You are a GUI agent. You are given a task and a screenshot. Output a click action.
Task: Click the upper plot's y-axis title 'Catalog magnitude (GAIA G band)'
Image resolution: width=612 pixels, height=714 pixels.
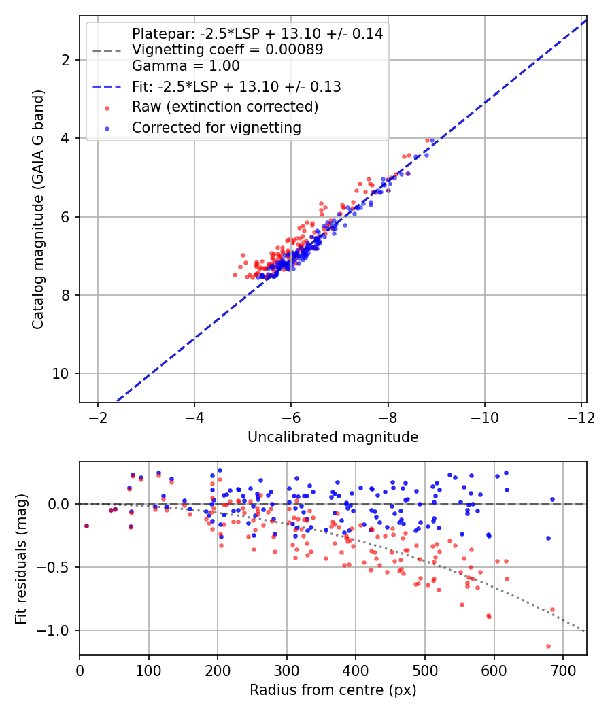click(x=38, y=209)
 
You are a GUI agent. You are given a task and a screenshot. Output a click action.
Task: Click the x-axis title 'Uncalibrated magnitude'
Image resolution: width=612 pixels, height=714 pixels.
click(x=333, y=437)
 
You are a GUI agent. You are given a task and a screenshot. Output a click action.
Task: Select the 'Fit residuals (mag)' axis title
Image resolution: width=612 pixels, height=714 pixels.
click(x=21, y=559)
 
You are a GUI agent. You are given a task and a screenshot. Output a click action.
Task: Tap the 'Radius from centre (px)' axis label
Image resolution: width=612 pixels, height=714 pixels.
click(x=333, y=690)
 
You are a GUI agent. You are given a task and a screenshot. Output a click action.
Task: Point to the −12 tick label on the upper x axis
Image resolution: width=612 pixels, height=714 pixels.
click(x=581, y=418)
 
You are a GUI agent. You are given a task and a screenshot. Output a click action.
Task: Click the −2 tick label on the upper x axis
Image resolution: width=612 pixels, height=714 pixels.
click(x=97, y=418)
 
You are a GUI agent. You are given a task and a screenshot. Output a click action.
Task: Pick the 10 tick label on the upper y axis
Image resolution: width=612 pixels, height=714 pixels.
click(x=60, y=374)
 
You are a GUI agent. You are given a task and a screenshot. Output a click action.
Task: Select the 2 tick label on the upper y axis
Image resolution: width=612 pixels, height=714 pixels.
click(x=65, y=60)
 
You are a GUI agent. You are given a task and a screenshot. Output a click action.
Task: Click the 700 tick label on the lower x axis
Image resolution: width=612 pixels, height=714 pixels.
click(x=563, y=670)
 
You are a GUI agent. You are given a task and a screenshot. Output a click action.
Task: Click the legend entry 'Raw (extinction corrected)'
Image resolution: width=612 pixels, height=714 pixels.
click(x=225, y=107)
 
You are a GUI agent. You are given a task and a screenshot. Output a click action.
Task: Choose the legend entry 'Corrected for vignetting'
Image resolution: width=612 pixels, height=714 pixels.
click(x=216, y=128)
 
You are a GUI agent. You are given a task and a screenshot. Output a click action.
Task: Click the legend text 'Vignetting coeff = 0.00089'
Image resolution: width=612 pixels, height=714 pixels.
click(x=228, y=50)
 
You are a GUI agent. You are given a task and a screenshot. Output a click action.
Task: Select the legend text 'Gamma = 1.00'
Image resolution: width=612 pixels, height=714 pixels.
click(x=186, y=66)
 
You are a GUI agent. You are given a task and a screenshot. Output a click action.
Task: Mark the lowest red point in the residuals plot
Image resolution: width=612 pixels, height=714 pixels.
click(x=548, y=646)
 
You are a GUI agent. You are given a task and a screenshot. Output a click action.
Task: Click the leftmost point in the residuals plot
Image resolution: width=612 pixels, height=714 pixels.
click(x=86, y=526)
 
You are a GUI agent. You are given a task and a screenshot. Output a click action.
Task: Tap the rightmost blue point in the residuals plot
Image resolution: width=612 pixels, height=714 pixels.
click(x=552, y=500)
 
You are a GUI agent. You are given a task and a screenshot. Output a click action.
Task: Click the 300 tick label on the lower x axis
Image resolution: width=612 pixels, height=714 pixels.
click(x=287, y=670)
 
